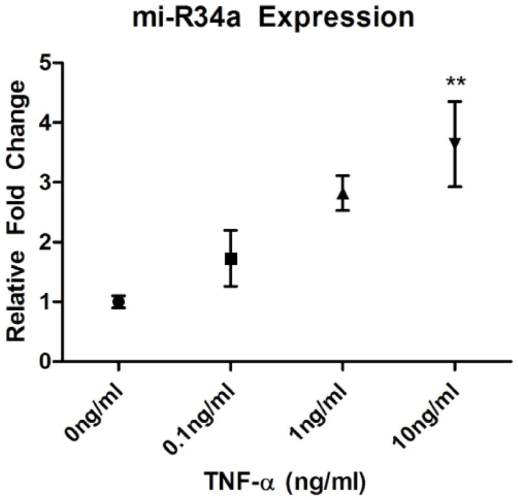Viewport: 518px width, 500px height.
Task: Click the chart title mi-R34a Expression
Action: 259,17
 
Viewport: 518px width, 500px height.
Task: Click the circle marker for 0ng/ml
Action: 118,302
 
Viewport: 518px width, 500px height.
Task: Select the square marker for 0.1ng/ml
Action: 231,258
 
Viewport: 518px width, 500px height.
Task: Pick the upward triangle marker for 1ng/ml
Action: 343,193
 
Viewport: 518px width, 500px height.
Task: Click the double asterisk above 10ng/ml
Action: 455,82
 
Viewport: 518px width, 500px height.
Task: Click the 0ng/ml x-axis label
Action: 97,405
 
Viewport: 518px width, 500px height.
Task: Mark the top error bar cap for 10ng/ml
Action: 455,101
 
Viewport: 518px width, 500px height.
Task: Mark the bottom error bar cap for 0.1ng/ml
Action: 231,286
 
